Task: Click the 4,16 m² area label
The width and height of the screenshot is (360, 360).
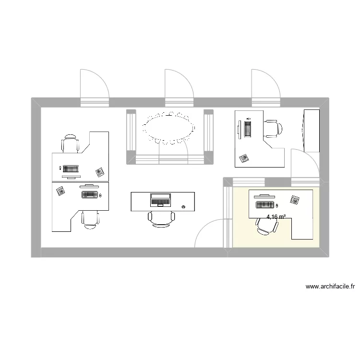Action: coord(276,217)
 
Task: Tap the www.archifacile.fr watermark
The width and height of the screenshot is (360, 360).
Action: coord(330,287)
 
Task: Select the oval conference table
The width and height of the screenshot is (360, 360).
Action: coord(168,128)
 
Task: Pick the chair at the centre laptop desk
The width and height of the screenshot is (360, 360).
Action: coord(161,218)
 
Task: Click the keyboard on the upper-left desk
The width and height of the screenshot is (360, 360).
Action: coord(70,169)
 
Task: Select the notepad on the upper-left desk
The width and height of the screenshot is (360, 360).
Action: coord(100,171)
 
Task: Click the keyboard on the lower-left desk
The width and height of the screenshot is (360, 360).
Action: coord(90,194)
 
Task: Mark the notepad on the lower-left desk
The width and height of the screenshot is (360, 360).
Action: coord(61,191)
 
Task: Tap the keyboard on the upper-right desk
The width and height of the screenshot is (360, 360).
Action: coord(248,129)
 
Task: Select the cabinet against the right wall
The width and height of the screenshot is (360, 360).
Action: coord(311,130)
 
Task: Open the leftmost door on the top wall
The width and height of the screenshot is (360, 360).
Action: coord(94,86)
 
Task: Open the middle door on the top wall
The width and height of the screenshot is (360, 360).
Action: coord(179,86)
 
